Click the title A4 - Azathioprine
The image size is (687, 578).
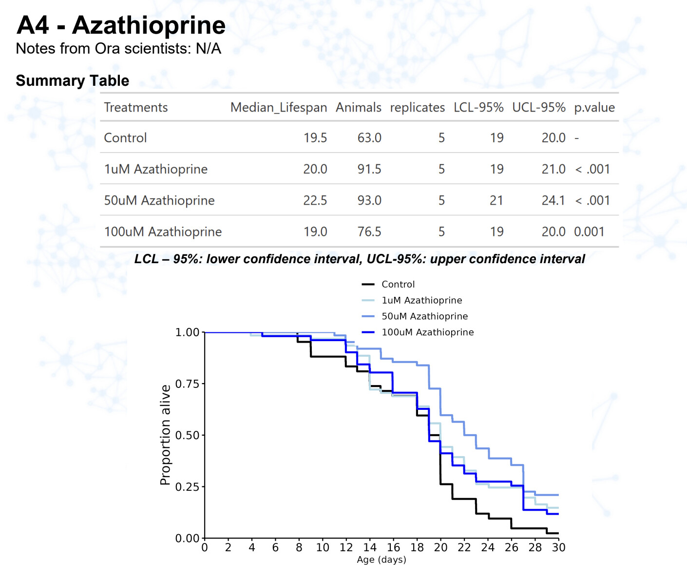point(121,25)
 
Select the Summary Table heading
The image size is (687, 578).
point(73,81)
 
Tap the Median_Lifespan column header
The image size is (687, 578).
point(278,108)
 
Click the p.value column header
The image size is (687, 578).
point(594,108)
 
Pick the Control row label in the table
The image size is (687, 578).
point(125,138)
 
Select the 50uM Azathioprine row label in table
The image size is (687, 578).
point(159,200)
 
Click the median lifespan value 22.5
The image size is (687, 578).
point(315,200)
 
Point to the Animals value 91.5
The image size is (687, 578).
point(369,169)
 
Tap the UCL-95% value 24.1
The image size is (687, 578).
point(553,200)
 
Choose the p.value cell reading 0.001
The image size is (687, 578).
point(589,231)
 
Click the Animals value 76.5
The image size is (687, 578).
point(369,231)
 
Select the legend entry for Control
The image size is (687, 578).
point(398,284)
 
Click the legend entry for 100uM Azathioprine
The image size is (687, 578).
point(427,332)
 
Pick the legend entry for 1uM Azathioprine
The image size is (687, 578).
point(421,300)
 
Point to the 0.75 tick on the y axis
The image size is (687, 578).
point(188,384)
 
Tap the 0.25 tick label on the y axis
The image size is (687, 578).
point(188,487)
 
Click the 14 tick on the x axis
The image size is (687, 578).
point(370,547)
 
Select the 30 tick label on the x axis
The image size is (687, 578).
point(558,547)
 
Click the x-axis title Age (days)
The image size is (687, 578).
point(382,559)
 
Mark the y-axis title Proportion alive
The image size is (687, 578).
point(166,435)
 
